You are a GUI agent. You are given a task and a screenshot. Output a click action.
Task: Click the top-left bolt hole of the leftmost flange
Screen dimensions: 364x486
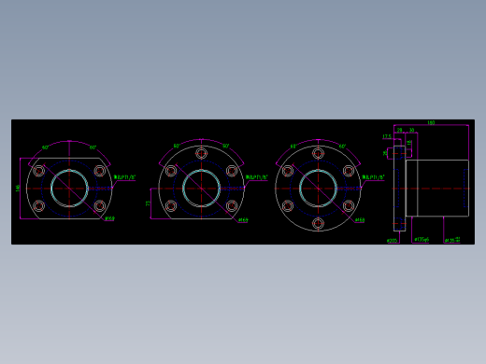pos(39,171)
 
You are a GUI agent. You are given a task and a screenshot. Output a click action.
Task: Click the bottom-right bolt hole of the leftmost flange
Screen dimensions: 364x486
pos(99,205)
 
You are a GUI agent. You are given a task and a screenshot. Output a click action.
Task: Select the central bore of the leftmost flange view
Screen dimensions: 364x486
pos(69,188)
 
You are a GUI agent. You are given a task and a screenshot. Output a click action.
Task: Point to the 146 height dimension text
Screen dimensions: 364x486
pos(18,188)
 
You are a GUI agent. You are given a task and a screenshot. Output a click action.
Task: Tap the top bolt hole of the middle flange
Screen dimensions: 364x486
pos(201,153)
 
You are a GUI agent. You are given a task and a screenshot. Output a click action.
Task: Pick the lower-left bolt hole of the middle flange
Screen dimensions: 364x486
pos(171,205)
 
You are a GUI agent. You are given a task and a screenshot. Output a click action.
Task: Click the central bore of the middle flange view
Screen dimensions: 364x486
pos(201,188)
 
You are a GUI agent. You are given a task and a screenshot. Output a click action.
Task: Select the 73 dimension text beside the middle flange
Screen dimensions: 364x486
pos(148,203)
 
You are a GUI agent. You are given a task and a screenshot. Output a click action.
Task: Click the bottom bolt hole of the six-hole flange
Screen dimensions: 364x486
pos(318,223)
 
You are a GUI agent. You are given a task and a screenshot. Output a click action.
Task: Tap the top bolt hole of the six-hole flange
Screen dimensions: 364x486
pos(318,153)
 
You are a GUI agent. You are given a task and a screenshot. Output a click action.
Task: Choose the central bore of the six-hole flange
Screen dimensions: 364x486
pos(318,188)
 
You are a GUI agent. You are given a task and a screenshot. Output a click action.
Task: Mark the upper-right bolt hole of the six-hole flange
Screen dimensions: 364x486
pos(349,171)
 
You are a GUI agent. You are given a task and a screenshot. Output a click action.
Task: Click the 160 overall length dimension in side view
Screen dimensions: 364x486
pos(431,122)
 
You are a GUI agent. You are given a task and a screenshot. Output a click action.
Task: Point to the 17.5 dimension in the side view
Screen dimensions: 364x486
pos(387,136)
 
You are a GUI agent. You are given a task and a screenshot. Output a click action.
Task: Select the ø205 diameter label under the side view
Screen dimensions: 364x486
pos(393,240)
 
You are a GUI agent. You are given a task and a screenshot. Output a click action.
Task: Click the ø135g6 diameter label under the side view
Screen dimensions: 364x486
pos(422,240)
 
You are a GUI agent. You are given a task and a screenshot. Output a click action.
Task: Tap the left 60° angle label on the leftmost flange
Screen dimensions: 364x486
pos(46,147)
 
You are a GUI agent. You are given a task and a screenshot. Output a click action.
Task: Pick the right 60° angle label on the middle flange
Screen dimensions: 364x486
pos(226,146)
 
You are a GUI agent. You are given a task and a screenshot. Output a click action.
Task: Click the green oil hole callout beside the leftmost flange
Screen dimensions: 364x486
pos(125,176)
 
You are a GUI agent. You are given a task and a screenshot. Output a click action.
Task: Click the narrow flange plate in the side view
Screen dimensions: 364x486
pos(399,188)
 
